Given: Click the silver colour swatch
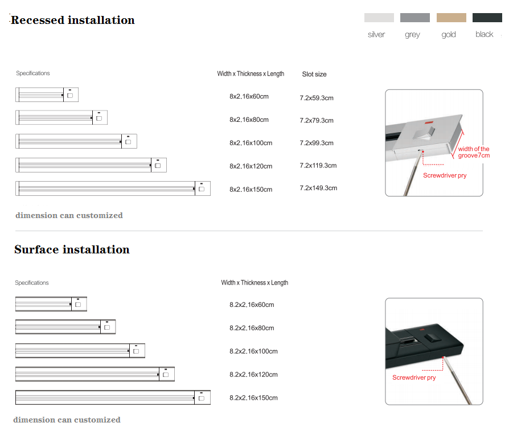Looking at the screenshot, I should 379,18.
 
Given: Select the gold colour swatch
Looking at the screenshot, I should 451,18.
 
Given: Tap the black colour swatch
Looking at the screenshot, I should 487,18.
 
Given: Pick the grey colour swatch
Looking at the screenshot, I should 414,18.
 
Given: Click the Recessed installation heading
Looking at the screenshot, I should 73,20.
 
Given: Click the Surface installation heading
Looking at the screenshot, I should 72,250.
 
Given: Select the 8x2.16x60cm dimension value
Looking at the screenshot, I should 249,97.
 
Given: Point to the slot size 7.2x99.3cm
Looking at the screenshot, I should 317,143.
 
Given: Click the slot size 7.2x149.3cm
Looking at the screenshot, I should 318,188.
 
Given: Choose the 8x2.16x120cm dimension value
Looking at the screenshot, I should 251,166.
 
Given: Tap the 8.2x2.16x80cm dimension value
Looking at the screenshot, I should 252,328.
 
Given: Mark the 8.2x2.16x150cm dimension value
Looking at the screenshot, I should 253,398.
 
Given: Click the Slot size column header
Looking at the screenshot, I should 314,75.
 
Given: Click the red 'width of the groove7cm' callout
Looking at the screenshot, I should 473,152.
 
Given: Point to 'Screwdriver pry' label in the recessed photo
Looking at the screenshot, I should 445,175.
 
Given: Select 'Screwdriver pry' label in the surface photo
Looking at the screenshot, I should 414,378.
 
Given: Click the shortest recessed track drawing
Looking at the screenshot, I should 47,95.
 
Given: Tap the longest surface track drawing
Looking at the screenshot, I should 113,397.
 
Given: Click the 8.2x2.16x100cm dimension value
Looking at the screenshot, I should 253,351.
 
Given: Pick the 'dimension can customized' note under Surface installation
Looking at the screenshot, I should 67,420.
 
